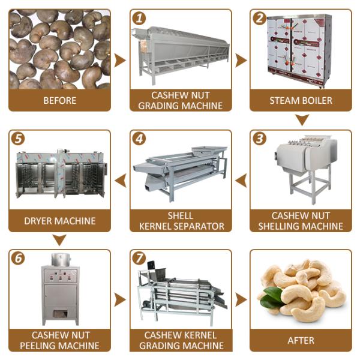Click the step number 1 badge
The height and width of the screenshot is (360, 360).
point(139,19)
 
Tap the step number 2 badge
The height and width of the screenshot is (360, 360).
point(259,19)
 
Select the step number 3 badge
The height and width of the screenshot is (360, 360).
point(259,139)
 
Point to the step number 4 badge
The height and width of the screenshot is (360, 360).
point(139,139)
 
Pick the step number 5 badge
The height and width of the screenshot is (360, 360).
point(18,139)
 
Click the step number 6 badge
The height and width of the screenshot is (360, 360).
point(18,259)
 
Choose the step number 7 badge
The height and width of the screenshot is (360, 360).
point(139,259)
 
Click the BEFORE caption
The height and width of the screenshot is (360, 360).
point(59,101)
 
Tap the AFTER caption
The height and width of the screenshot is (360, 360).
point(301,340)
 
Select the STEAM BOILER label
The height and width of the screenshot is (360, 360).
point(301,101)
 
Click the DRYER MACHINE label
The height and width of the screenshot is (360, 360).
point(59,221)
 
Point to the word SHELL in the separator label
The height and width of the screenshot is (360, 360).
point(181,215)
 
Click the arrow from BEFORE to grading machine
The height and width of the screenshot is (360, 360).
point(120,61)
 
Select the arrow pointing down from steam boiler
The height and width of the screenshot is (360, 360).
point(302,120)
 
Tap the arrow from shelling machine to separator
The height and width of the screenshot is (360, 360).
point(241,181)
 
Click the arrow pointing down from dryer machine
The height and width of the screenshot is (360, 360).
point(59,240)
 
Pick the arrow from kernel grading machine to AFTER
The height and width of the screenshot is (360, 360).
point(241,300)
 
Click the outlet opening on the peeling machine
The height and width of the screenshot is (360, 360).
point(61,314)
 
